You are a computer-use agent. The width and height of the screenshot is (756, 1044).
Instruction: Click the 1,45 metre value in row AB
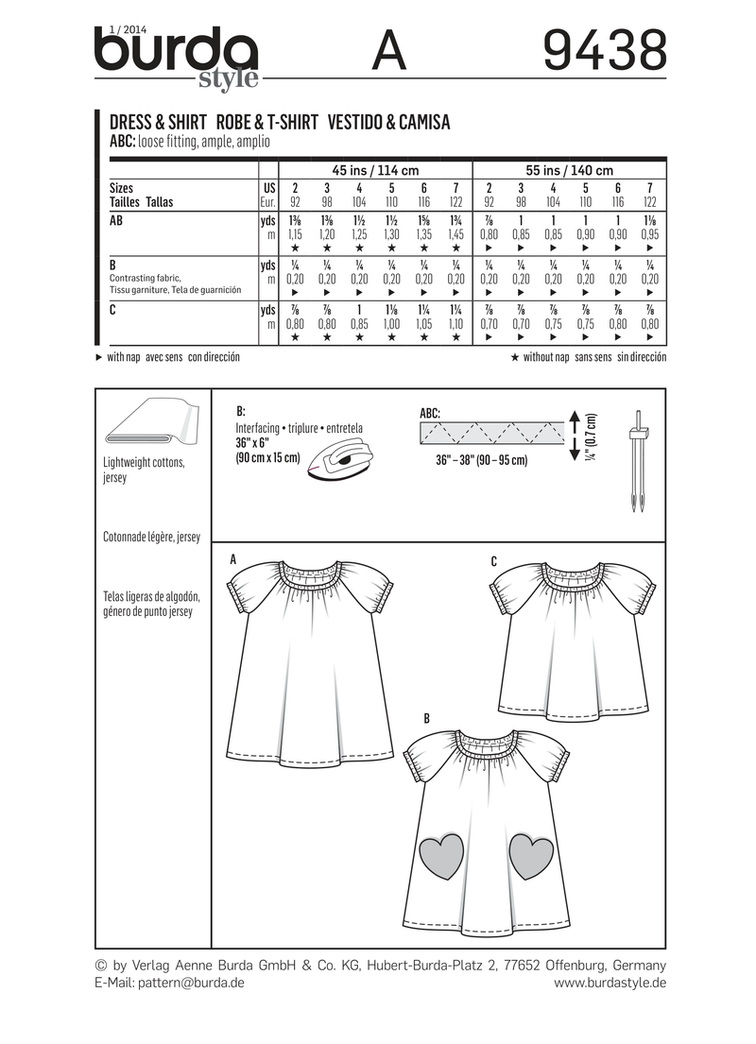click(x=456, y=232)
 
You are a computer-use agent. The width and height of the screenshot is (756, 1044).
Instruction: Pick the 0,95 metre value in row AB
click(x=649, y=232)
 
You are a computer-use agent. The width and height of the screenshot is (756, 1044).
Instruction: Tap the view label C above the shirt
click(x=494, y=561)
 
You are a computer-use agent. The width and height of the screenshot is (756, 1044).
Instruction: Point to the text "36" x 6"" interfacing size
click(x=255, y=442)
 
